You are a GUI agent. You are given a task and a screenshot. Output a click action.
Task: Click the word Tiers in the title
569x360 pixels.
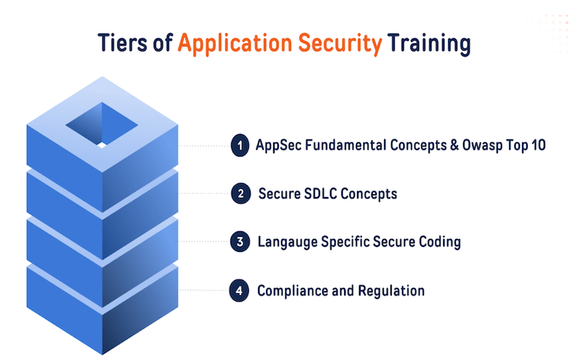(122, 43)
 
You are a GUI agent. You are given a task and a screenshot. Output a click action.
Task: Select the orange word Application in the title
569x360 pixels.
(235, 44)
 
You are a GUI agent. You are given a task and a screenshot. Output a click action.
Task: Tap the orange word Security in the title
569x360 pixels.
(340, 44)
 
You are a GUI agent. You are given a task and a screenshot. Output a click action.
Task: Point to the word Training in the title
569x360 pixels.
(429, 44)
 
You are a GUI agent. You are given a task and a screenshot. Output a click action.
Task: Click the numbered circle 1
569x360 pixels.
(240, 146)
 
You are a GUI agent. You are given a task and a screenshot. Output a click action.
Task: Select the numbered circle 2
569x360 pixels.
(240, 194)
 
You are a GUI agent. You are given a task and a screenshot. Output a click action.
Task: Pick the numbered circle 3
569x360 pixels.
(240, 242)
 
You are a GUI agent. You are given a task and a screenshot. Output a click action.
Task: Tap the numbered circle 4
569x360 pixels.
(239, 290)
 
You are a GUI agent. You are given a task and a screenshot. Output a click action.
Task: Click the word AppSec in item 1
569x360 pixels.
(278, 146)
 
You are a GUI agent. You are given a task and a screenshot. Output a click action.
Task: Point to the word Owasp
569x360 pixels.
(482, 146)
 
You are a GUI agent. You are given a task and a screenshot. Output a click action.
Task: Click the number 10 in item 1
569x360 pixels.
(538, 145)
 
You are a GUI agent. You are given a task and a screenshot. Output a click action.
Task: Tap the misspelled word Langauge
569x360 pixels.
(287, 243)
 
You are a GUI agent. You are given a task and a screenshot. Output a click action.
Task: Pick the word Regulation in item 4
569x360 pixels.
(391, 292)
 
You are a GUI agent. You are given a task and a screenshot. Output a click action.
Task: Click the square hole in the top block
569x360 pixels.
(102, 125)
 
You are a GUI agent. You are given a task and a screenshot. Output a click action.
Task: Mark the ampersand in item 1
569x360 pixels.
(454, 145)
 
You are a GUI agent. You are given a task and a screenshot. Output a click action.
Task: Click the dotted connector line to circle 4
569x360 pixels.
(204, 290)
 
